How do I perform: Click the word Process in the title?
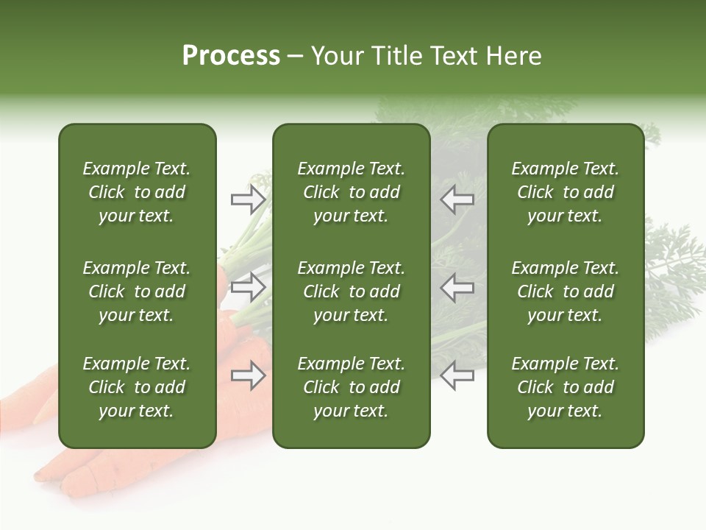(x=231, y=56)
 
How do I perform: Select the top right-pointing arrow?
(x=248, y=199)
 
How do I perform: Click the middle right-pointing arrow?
(x=248, y=287)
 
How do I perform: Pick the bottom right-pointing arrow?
(x=248, y=376)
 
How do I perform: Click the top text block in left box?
(x=137, y=192)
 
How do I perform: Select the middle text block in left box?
(x=137, y=291)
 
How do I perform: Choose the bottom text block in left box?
(x=137, y=387)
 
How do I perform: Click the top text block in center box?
(x=352, y=192)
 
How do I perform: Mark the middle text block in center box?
(x=352, y=291)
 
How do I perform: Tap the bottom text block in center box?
(x=352, y=387)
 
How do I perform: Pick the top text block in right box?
(x=566, y=192)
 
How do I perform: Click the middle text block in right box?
(x=566, y=291)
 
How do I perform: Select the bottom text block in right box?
(x=566, y=387)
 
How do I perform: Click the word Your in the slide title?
(x=338, y=56)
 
